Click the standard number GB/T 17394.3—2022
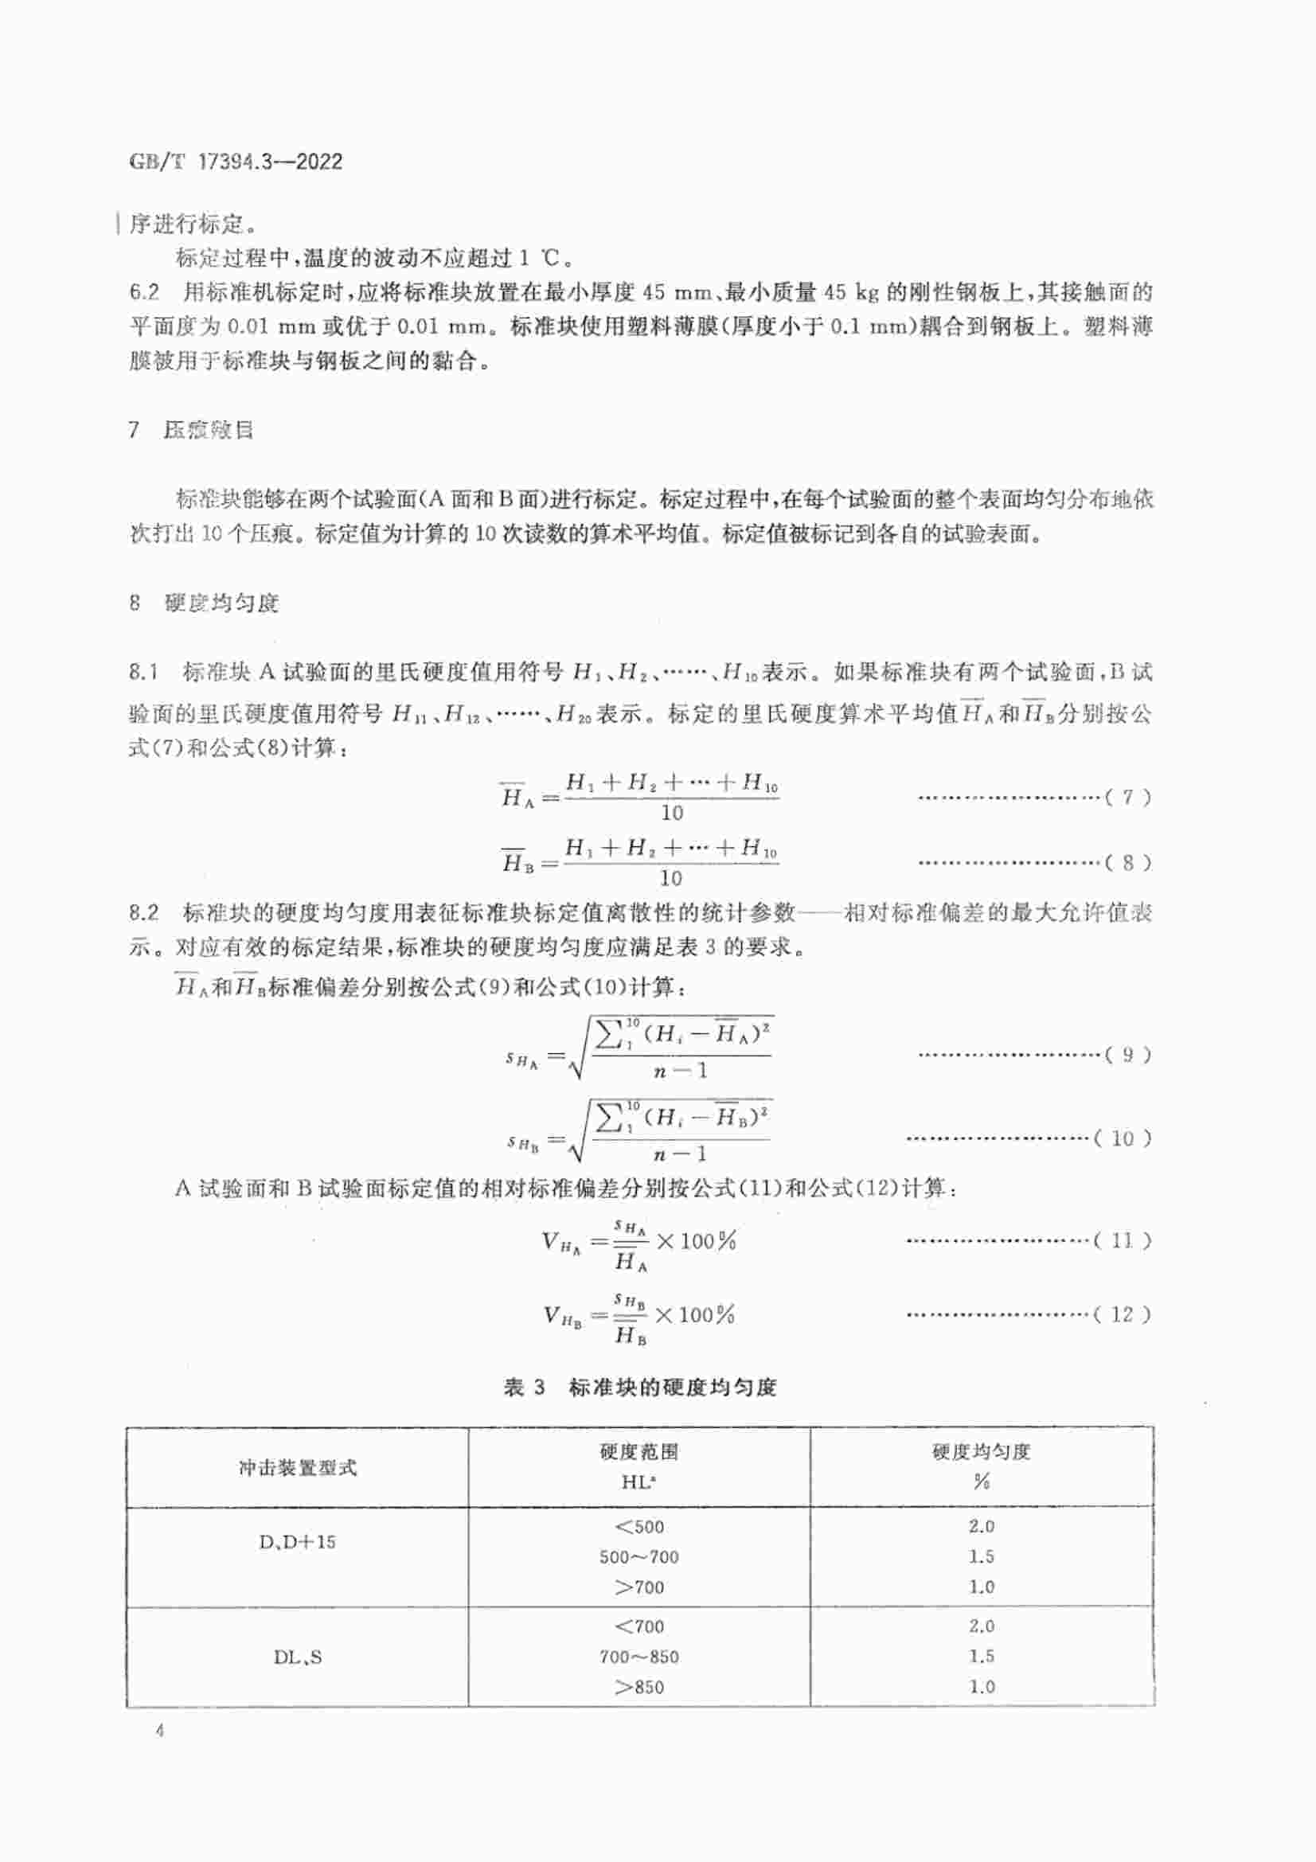click(x=235, y=162)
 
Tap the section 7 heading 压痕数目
click(x=209, y=430)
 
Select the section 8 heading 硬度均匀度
click(x=221, y=603)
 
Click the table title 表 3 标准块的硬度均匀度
click(x=640, y=1388)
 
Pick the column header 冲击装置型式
click(x=298, y=1467)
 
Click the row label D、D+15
click(x=298, y=1542)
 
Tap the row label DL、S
click(x=298, y=1657)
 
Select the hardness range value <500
click(x=639, y=1527)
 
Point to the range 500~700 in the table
click(x=639, y=1557)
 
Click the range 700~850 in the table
click(x=639, y=1657)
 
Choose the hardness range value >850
click(x=639, y=1688)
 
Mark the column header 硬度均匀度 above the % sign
click(x=981, y=1452)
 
